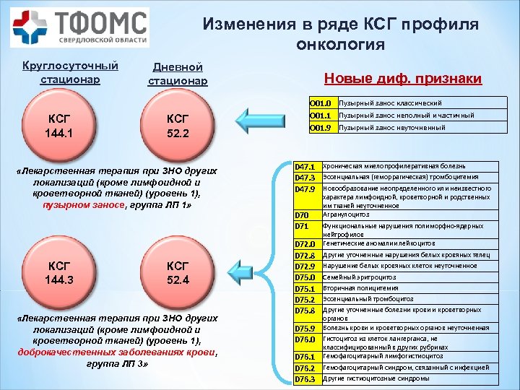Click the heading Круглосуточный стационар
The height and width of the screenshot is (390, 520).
(70, 71)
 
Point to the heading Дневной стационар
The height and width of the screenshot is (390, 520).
(178, 74)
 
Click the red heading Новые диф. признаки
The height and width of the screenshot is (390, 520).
(402, 78)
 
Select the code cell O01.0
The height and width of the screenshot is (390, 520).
(319, 103)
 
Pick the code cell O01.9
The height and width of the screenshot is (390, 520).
(319, 128)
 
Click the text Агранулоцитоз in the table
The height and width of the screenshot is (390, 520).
(346, 214)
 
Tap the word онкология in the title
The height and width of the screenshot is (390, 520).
(339, 45)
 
